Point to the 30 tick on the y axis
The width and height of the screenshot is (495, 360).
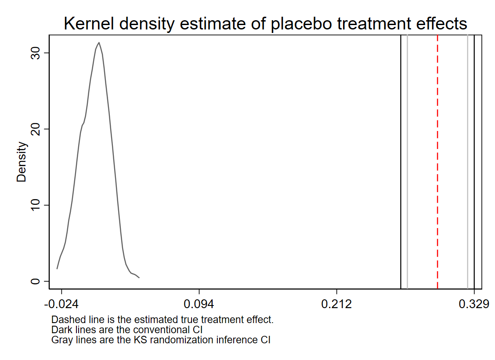[x=35, y=53]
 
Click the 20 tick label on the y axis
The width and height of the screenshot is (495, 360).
[x=35, y=129]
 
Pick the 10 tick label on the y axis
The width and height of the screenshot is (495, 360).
[x=35, y=205]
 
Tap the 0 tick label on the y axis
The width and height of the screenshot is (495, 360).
[x=35, y=281]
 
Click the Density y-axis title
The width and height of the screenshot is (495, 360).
[x=22, y=162]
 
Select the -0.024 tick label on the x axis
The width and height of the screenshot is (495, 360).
[x=61, y=304]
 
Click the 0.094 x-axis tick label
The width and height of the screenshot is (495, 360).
[x=199, y=304]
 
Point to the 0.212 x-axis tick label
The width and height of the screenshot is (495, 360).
[x=337, y=304]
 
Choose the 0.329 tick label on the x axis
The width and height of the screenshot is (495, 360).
[x=474, y=304]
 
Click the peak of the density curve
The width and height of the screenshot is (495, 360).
[x=99, y=43]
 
